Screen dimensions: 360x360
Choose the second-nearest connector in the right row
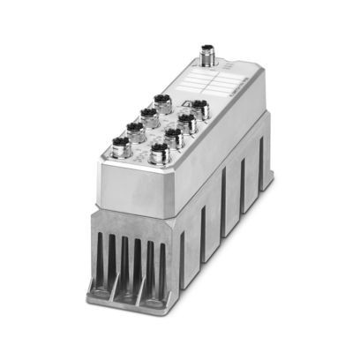pos(173,137)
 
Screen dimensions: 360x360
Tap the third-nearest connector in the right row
pos(186,122)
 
